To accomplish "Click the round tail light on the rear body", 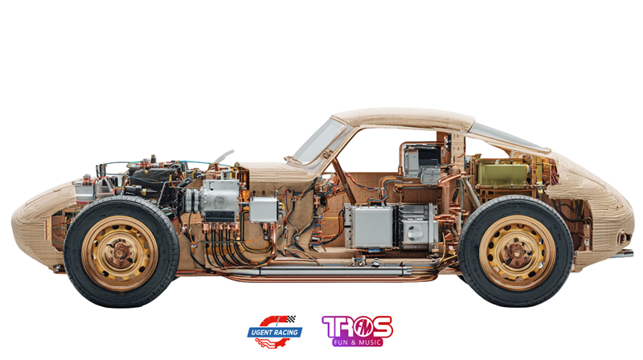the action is [x=623, y=238].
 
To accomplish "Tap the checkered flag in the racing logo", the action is [x=291, y=318].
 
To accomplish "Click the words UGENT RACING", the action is [x=275, y=332].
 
